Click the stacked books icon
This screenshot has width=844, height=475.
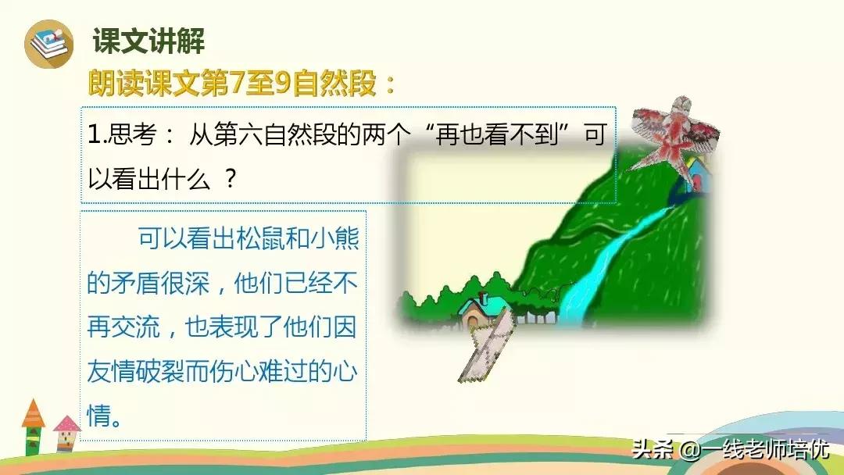49,44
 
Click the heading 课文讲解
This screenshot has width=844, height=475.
148,41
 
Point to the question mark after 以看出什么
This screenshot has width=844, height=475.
231,179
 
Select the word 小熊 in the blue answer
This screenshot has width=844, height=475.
334,238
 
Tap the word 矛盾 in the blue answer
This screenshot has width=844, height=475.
135,283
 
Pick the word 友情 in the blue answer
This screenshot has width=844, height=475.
111,371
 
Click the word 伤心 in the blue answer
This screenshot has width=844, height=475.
234,371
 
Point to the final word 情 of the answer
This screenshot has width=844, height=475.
99,416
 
